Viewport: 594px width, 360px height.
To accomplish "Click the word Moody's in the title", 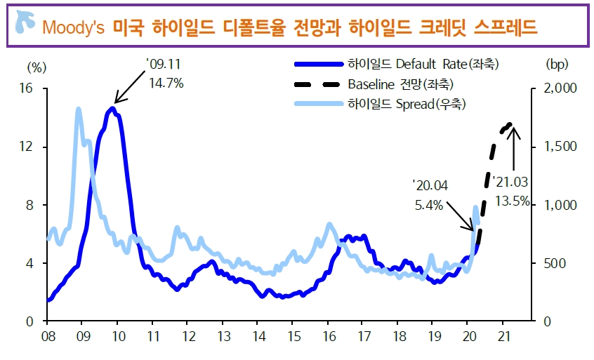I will [73, 27].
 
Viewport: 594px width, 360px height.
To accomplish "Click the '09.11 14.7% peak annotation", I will [166, 74].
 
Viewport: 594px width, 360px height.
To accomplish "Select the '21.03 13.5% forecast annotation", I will [511, 191].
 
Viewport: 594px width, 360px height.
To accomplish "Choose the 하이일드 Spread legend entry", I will [407, 104].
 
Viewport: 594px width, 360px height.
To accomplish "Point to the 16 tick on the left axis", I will [27, 89].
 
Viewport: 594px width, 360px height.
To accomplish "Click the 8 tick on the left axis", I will [31, 205].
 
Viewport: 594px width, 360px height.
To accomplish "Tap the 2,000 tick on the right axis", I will [560, 89].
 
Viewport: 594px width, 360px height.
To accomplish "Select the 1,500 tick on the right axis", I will [560, 147].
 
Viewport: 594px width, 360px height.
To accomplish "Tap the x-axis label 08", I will [47, 335].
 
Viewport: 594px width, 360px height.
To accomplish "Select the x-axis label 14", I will [257, 335].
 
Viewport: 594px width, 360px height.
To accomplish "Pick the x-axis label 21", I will [503, 335].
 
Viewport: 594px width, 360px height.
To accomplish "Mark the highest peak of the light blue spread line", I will [78, 109].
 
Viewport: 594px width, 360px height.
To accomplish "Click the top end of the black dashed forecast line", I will [510, 124].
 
